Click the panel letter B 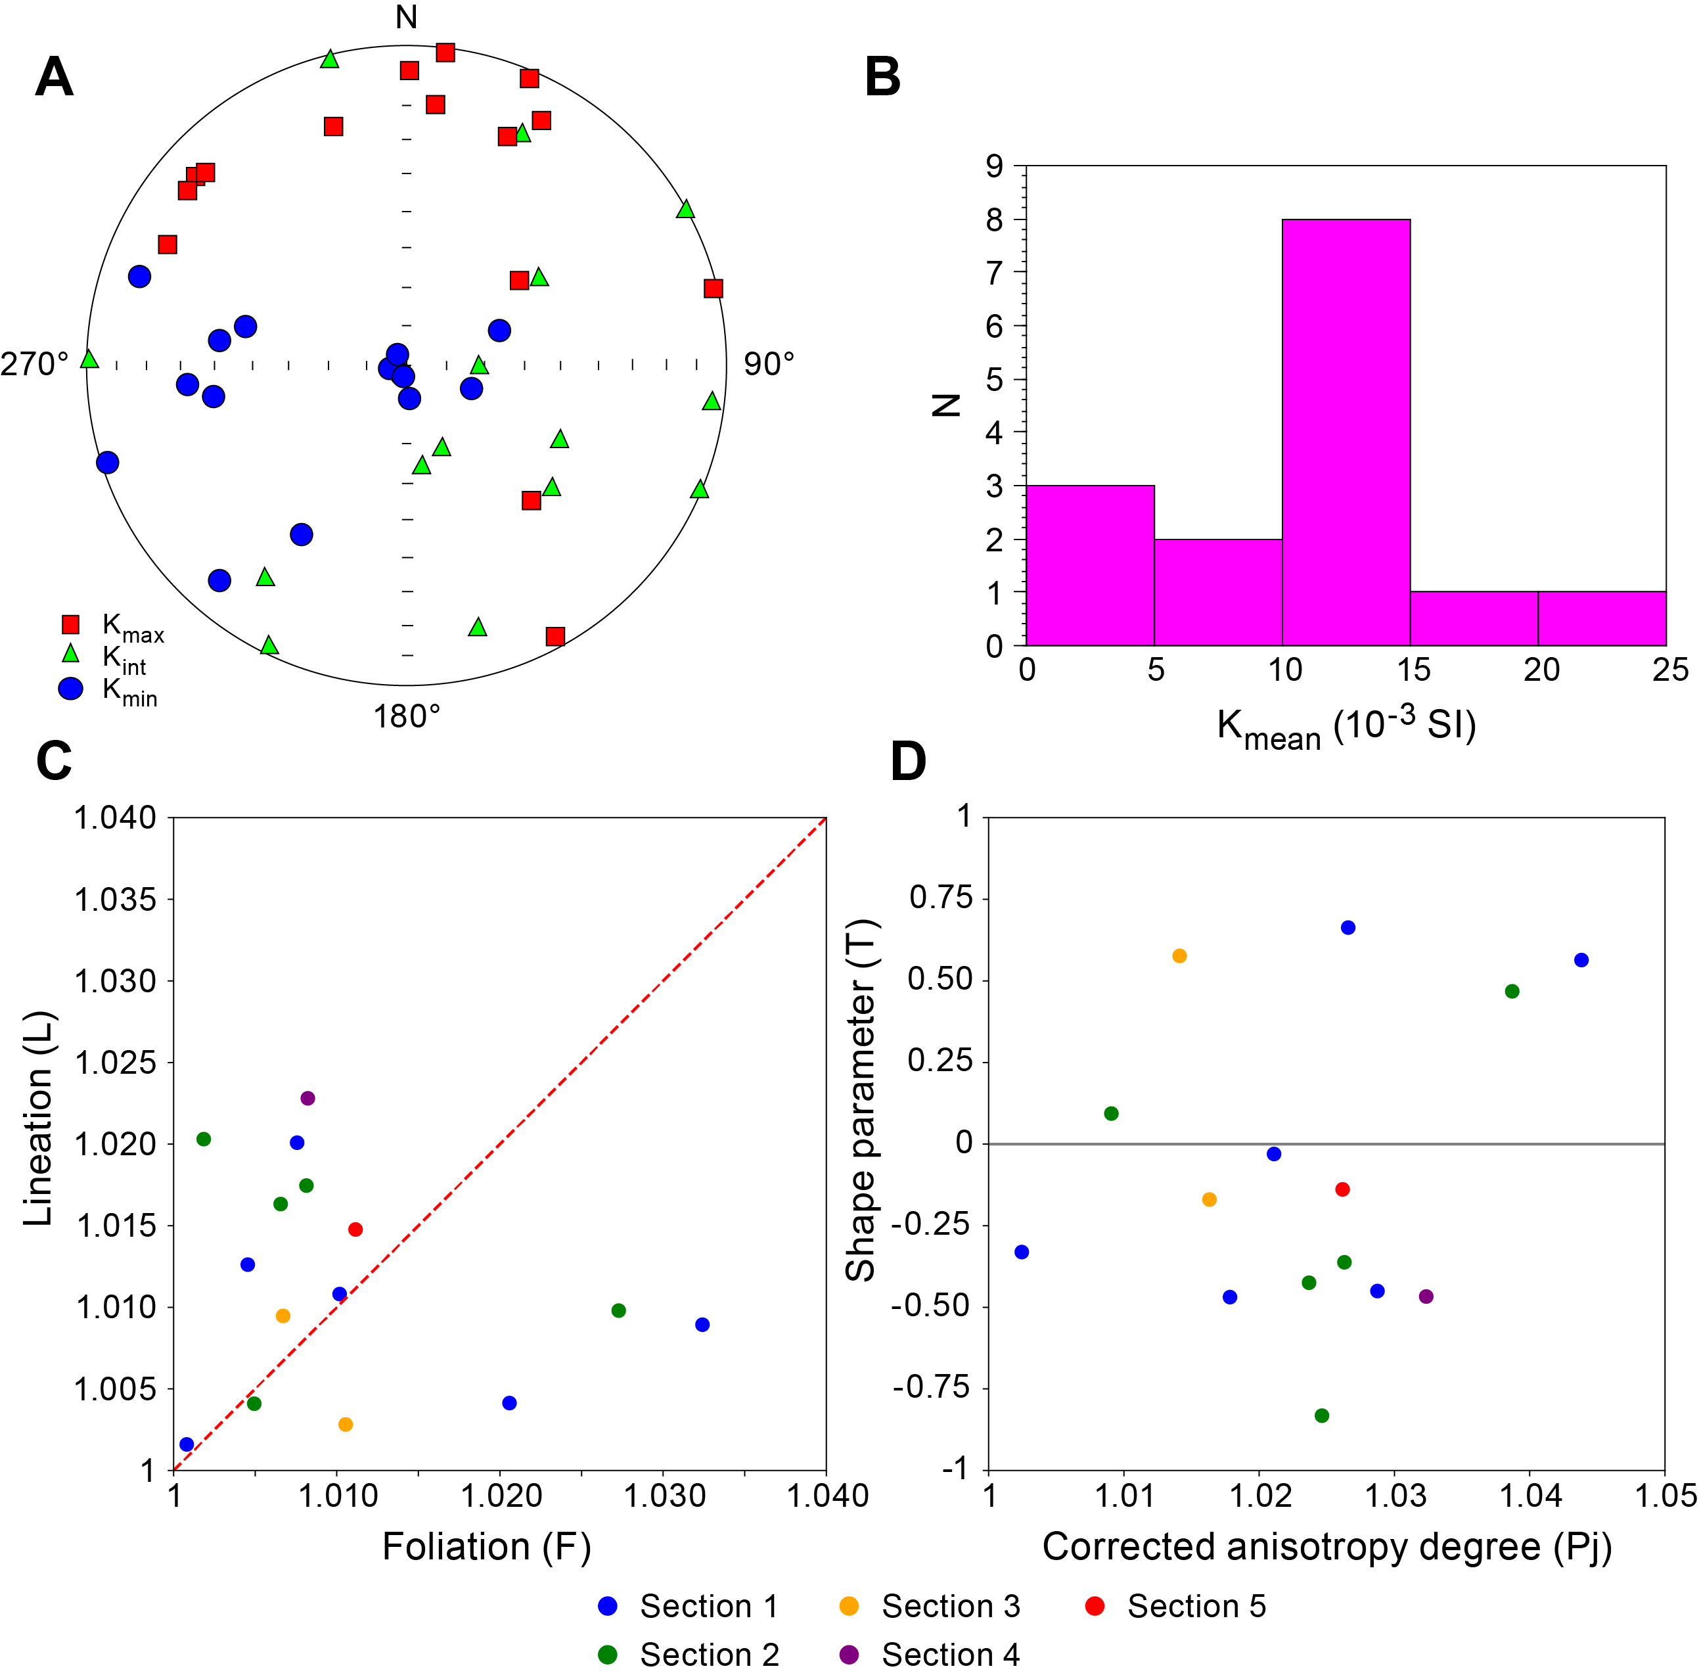882,78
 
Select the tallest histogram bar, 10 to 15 1346,432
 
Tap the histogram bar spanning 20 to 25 1601,618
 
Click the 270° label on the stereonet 34,363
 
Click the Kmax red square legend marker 70,624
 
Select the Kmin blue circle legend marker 70,689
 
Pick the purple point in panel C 307,1098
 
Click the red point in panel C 355,1229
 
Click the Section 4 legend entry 932,1654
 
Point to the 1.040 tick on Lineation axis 115,818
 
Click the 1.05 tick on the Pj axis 1665,1495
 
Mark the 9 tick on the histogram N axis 995,166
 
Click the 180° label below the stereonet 406,717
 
